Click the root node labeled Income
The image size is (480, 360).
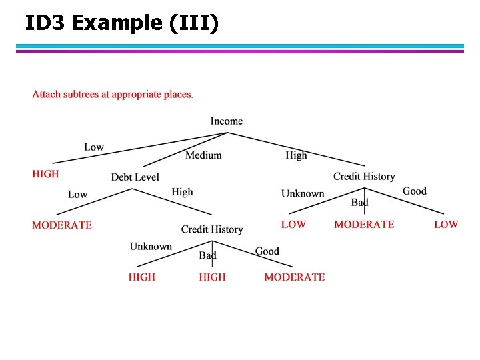click(227, 121)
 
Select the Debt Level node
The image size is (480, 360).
click(135, 177)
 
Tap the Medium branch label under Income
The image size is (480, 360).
click(203, 155)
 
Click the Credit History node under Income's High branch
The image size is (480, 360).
click(364, 177)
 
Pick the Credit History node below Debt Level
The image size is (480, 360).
click(212, 229)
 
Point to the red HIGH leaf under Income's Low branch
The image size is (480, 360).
click(45, 174)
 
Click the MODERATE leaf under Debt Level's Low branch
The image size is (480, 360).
click(62, 225)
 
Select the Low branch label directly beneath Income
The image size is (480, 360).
click(94, 147)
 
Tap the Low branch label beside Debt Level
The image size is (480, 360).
click(77, 195)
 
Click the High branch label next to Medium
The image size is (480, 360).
click(296, 155)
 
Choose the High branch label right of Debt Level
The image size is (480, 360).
click(182, 192)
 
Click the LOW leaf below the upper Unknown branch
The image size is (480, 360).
click(293, 225)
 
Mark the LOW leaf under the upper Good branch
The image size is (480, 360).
click(446, 225)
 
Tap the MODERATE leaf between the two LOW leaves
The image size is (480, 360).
click(364, 225)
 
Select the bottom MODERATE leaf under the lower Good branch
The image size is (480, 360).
click(295, 277)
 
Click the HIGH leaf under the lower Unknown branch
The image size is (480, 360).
click(142, 277)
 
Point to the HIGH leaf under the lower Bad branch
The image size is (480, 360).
click(212, 277)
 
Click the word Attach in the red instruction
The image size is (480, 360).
click(46, 95)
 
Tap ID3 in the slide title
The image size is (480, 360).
click(47, 23)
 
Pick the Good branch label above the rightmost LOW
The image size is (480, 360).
click(414, 191)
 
